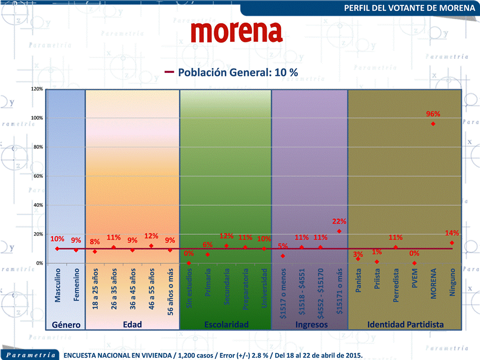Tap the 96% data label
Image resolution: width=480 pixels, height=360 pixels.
coord(433,114)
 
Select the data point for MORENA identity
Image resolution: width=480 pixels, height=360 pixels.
coord(433,123)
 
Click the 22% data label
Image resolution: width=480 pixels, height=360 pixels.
coord(339,221)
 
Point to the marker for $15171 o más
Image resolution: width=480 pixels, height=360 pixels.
coord(339,231)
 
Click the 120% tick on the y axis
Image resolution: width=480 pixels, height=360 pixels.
coord(36,89)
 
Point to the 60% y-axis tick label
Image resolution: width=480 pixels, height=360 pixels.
coord(37,176)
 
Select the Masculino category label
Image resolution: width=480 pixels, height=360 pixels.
coord(57,285)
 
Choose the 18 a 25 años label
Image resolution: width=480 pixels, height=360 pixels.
coord(95,289)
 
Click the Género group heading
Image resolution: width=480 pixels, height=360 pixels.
coord(66,325)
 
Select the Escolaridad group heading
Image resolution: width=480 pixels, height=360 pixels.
coord(226,325)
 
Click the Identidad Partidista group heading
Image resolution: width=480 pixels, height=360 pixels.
coord(405,325)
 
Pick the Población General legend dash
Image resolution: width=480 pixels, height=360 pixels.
coord(169,72)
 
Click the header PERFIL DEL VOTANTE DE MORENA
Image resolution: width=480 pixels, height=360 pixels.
coord(410,8)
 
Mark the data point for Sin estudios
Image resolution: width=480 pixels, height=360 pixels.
coord(189,263)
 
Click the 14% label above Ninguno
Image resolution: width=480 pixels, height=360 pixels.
coord(452,233)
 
